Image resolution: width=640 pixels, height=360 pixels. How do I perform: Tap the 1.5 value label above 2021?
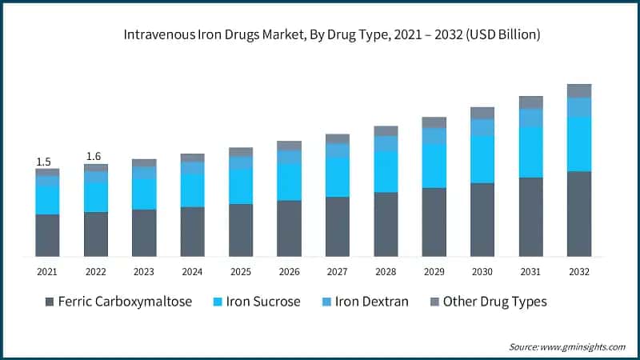[43, 162]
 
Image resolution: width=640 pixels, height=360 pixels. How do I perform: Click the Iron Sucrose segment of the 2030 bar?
[482, 159]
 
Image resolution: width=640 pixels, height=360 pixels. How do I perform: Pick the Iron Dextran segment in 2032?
[578, 107]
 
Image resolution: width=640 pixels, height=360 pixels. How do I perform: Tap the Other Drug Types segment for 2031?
[530, 102]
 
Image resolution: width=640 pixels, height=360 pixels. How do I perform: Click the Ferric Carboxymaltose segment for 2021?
[47, 235]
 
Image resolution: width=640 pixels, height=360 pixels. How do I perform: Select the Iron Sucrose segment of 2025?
[241, 186]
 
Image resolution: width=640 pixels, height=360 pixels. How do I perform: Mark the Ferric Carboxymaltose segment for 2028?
[386, 224]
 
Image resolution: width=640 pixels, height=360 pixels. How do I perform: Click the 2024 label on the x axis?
[192, 272]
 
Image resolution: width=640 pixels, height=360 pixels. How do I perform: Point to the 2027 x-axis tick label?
[337, 272]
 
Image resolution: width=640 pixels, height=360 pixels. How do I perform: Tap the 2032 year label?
[578, 272]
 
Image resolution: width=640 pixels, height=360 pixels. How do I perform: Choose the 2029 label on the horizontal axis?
[434, 272]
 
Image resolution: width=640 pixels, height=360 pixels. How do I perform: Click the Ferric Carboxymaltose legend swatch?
[50, 302]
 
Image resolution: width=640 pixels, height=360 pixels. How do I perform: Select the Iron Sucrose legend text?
[263, 302]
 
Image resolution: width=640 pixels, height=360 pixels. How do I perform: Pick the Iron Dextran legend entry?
[368, 302]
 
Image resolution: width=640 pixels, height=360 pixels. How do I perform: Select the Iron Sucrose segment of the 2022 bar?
[96, 197]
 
